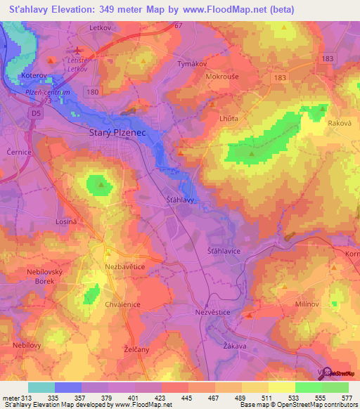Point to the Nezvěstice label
(211, 310)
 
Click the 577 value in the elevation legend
(347, 398)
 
